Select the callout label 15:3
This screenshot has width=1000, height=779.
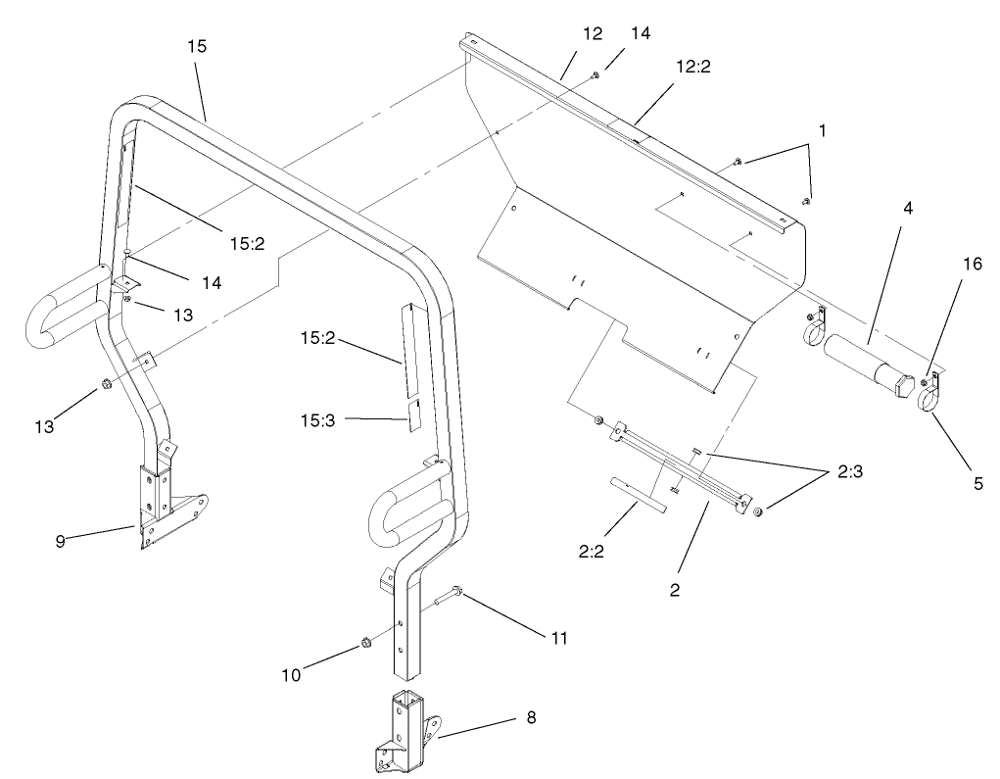tap(324, 419)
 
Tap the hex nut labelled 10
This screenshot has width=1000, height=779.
tap(359, 643)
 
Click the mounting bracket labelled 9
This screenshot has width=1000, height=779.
tap(162, 505)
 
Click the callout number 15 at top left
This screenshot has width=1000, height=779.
tap(196, 46)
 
